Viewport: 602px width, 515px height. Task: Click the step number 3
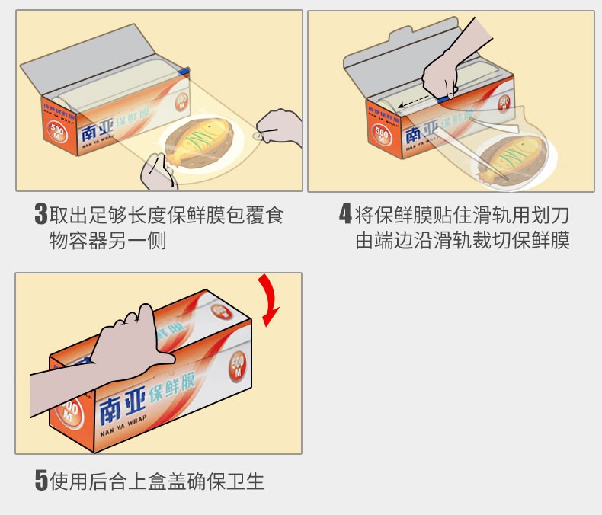tap(41, 213)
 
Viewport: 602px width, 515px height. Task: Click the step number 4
tap(345, 213)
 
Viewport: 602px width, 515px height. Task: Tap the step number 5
tap(41, 480)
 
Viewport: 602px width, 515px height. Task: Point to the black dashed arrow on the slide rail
tap(417, 101)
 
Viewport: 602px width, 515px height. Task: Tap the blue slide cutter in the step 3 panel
tap(184, 72)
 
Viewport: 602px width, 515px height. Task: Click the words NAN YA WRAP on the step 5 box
tap(123, 427)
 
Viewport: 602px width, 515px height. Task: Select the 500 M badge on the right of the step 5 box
tap(237, 366)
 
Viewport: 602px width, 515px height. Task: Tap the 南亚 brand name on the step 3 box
tap(97, 130)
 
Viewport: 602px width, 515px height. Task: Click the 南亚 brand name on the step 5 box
tap(122, 405)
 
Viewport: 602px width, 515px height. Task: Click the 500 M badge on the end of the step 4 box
tap(381, 134)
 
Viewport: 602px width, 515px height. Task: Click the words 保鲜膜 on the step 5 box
tap(171, 388)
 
